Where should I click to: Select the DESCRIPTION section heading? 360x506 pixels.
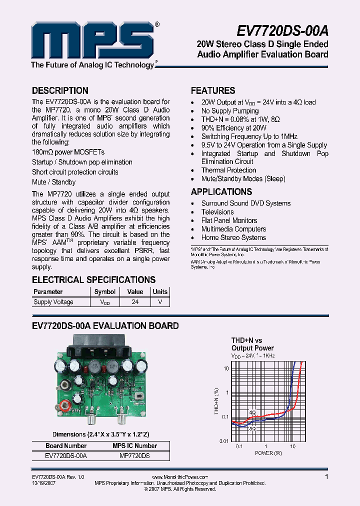[60, 91]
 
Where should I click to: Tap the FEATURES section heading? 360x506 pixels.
[213, 91]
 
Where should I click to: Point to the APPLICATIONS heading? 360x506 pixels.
[221, 192]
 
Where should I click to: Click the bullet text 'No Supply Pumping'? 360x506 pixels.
[230, 111]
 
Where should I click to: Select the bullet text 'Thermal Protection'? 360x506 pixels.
[228, 170]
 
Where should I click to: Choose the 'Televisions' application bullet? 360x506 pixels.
[217, 212]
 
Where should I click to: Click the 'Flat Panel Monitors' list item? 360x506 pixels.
[229, 220]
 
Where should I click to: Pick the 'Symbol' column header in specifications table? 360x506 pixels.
[105, 292]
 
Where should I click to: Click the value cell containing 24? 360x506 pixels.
[135, 302]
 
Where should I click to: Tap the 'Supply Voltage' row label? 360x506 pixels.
[53, 302]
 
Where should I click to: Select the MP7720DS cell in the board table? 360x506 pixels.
[134, 456]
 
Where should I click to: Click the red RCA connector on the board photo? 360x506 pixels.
[64, 405]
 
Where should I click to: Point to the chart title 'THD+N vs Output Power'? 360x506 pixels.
[252, 344]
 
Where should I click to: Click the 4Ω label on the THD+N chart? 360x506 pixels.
[252, 413]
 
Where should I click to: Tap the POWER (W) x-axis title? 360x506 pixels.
[268, 453]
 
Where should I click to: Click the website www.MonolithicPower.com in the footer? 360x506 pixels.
[179, 477]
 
